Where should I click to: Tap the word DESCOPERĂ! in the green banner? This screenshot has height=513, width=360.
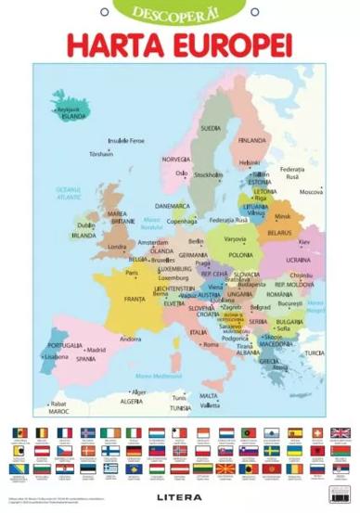click(180, 12)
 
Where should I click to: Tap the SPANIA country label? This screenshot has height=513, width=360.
click(85, 358)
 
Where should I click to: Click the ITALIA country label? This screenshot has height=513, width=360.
click(198, 332)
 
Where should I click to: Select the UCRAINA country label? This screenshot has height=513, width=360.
click(299, 260)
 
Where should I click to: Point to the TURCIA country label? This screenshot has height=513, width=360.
click(315, 353)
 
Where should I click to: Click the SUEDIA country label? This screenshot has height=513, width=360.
click(212, 128)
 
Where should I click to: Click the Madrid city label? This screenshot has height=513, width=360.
click(96, 350)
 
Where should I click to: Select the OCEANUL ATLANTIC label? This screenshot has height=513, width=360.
click(69, 195)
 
